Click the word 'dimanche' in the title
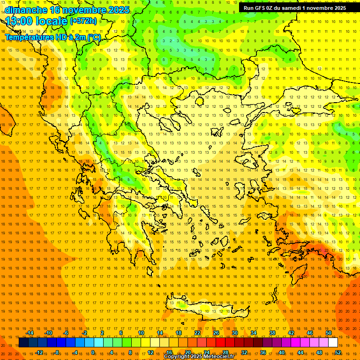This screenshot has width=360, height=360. [x=26, y=10]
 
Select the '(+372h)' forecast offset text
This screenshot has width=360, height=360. [x=83, y=21]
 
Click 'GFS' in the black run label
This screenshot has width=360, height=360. [x=262, y=8]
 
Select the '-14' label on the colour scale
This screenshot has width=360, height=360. [x=29, y=333]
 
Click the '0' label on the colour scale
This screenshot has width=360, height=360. [x=93, y=352]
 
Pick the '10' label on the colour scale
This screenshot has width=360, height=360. [x=141, y=333]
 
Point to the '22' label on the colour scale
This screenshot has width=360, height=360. [x=197, y=333]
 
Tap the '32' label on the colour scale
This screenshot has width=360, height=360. [x=244, y=352]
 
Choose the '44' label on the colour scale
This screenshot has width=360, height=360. [x=300, y=352]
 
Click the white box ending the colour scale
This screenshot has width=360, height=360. [x=333, y=343]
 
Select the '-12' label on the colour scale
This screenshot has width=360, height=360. [x=39, y=352]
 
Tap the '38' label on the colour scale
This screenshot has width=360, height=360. [x=272, y=333]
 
